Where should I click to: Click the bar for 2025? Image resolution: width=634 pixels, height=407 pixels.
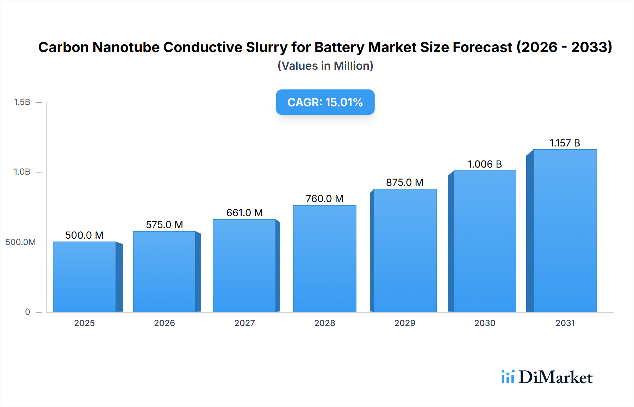[85, 277]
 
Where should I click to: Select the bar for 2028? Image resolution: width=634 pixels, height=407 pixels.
[324, 258]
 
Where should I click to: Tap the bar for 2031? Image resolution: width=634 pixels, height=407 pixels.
[565, 231]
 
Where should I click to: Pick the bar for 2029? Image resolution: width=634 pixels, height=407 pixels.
[405, 250]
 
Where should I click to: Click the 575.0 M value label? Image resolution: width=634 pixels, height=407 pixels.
[164, 225]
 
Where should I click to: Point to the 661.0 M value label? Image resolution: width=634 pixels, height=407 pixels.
[244, 213]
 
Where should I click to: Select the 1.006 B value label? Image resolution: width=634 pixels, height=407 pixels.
[485, 164]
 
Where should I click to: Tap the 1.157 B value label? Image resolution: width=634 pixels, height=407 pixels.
[565, 143]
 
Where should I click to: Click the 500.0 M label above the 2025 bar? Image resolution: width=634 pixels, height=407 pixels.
[85, 235]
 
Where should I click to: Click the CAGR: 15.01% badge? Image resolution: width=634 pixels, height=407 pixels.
[325, 102]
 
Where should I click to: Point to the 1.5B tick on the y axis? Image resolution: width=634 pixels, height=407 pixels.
[22, 102]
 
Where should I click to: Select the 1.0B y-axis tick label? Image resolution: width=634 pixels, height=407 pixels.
[22, 172]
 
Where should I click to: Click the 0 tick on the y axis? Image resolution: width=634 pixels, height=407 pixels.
[27, 312]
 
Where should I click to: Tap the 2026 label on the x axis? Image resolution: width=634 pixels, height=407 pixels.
[164, 323]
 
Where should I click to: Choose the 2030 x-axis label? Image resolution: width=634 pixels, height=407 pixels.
[485, 323]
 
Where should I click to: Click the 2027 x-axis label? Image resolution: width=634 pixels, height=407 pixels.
[244, 323]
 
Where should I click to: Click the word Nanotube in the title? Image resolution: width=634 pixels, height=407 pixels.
[126, 47]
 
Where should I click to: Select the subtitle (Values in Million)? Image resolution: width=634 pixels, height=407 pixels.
[325, 66]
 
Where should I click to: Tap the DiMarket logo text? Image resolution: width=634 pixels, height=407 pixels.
[555, 377]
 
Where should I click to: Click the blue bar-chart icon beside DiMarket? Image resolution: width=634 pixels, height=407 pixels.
[508, 377]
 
